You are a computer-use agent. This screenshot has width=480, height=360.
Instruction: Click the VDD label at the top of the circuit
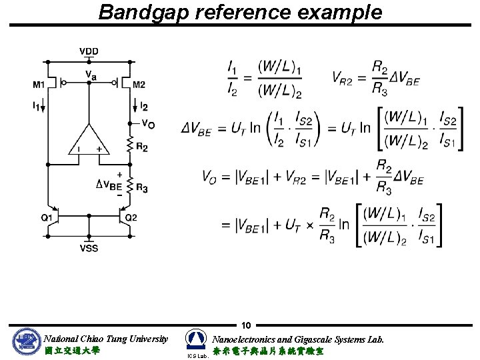click(89, 51)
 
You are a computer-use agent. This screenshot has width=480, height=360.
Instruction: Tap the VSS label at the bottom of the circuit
click(89, 249)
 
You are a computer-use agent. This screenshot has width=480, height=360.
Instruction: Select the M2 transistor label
click(139, 84)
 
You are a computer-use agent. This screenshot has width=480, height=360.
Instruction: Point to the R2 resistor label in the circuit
click(141, 147)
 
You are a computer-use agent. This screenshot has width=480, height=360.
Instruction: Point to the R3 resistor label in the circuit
click(141, 189)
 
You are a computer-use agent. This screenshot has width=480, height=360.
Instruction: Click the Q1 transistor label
click(47, 217)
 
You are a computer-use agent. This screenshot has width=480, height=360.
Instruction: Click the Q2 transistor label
click(131, 217)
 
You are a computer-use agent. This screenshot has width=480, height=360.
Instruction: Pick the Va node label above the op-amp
click(90, 76)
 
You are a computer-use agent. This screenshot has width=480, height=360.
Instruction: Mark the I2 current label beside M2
click(144, 106)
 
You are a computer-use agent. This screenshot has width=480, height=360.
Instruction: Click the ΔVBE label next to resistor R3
click(109, 185)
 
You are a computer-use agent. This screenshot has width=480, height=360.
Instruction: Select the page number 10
click(246, 326)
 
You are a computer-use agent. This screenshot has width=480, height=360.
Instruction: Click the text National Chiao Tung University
click(105, 339)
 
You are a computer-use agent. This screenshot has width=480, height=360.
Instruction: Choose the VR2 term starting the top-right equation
click(346, 77)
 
